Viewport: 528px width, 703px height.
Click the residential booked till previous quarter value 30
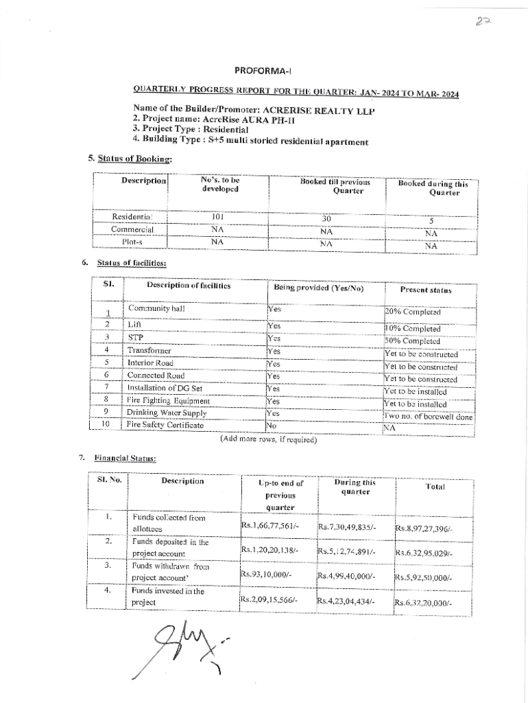click(x=326, y=219)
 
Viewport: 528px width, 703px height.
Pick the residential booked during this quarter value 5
click(x=431, y=221)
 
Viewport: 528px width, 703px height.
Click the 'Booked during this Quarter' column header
click(x=433, y=188)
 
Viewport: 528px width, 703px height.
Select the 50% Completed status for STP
click(x=413, y=341)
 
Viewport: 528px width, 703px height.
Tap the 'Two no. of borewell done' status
click(x=428, y=417)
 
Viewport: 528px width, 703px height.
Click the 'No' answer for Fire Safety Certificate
click(x=270, y=426)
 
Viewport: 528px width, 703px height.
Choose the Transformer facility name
click(x=148, y=350)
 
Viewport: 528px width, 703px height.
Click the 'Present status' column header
click(x=426, y=290)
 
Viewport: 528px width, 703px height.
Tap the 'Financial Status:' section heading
click(x=125, y=458)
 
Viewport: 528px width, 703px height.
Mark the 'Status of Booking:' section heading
click(x=134, y=159)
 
